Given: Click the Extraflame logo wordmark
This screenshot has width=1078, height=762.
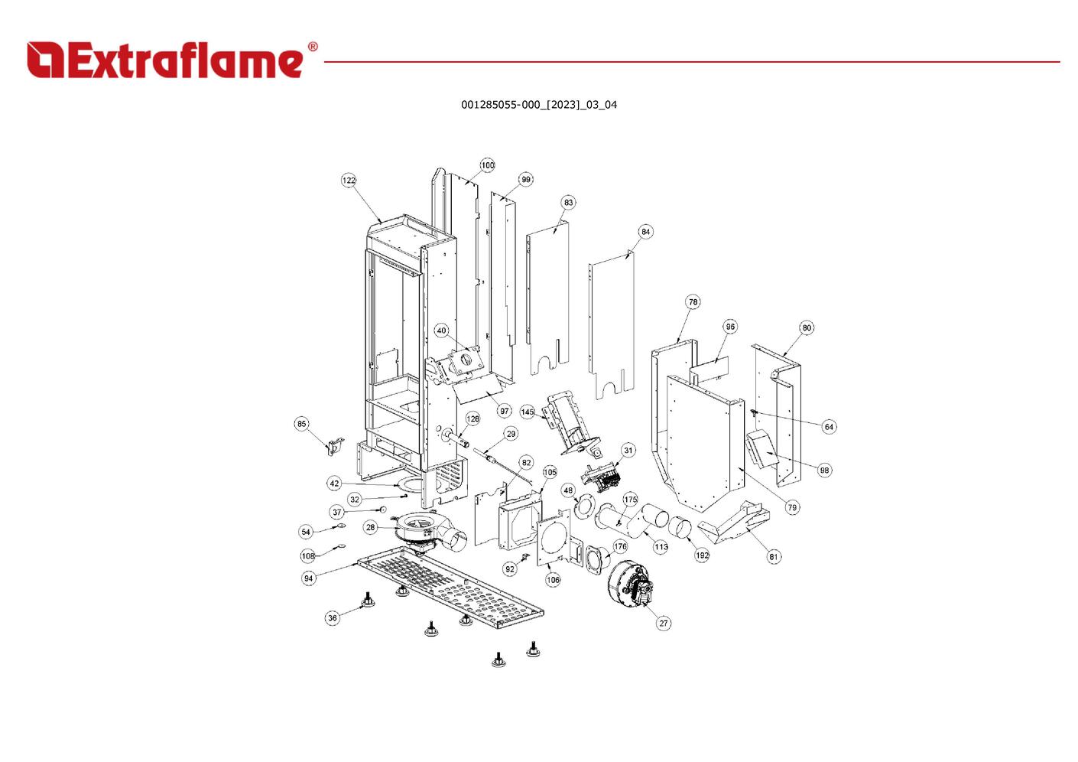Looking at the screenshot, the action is point(165,60).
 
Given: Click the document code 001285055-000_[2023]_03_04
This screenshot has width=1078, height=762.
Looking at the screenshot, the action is point(539,105).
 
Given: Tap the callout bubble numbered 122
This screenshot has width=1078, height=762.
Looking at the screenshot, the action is point(349,180).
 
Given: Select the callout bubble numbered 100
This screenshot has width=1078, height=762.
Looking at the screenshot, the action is point(487,165).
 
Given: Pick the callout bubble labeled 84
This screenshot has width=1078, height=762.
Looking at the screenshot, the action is point(645,232).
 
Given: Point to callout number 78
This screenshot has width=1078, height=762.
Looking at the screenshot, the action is point(693,302).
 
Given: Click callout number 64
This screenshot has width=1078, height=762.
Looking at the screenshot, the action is point(829,427).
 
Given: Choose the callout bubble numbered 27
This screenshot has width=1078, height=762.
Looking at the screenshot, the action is point(664,624).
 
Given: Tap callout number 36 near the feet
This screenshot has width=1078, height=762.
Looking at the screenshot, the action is point(332,618).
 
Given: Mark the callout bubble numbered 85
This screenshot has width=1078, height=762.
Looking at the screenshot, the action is point(301,424).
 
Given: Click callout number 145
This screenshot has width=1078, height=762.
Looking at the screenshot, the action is point(528,412).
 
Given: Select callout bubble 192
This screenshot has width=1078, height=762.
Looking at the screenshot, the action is point(702,555).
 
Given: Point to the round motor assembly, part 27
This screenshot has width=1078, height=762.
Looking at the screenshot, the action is point(631,583).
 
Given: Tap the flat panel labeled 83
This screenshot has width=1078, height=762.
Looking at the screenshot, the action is point(548,298).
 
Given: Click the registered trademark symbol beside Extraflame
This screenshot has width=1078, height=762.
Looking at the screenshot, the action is point(313,47).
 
